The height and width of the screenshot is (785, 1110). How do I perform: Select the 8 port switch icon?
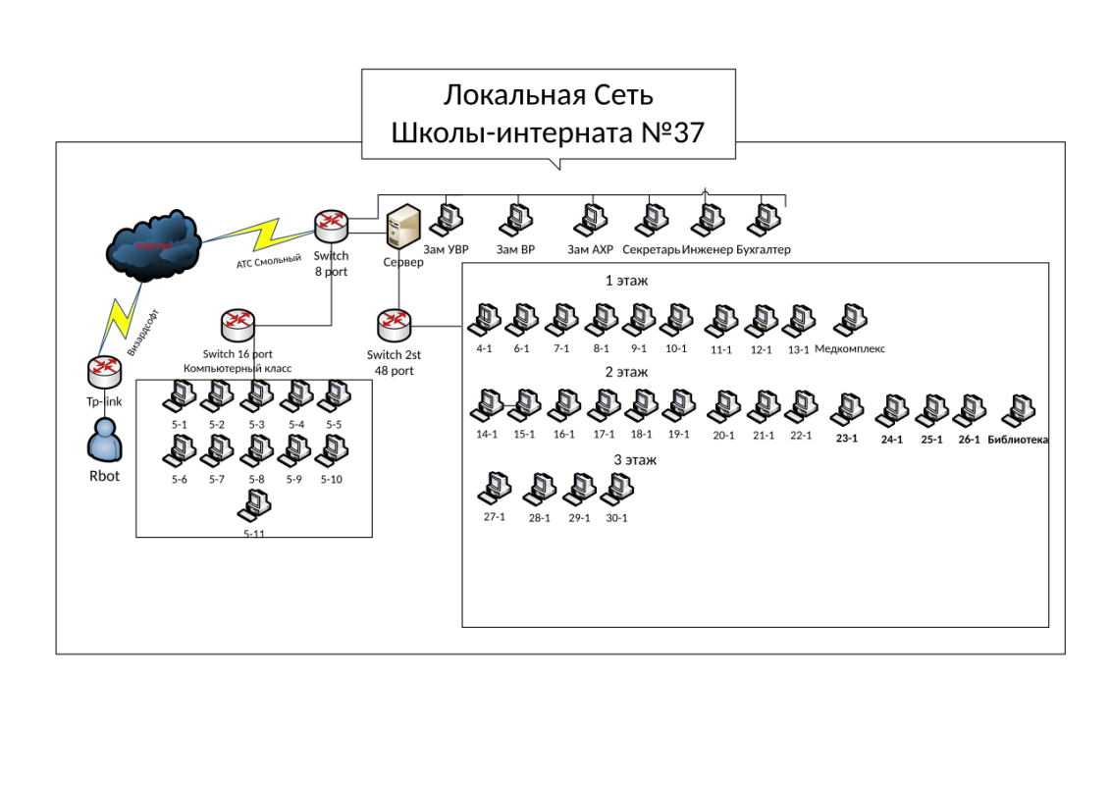pos(332,227)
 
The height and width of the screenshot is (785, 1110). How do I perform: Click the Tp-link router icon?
pos(103,371)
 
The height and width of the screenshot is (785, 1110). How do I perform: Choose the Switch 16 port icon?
pos(238,323)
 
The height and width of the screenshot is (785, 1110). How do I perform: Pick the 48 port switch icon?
pos(394,324)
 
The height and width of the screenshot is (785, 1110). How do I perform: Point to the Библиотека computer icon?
pos(1018,410)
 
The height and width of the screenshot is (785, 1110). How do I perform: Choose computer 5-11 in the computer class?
pos(254,504)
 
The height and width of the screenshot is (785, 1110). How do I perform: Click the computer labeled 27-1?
pos(494,488)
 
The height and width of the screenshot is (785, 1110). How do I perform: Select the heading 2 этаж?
pos(626,372)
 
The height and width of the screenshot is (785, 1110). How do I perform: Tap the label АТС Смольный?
pos(268,261)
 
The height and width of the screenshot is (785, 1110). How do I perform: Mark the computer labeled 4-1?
pos(483,320)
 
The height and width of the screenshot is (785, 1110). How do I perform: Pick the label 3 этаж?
pos(635,459)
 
